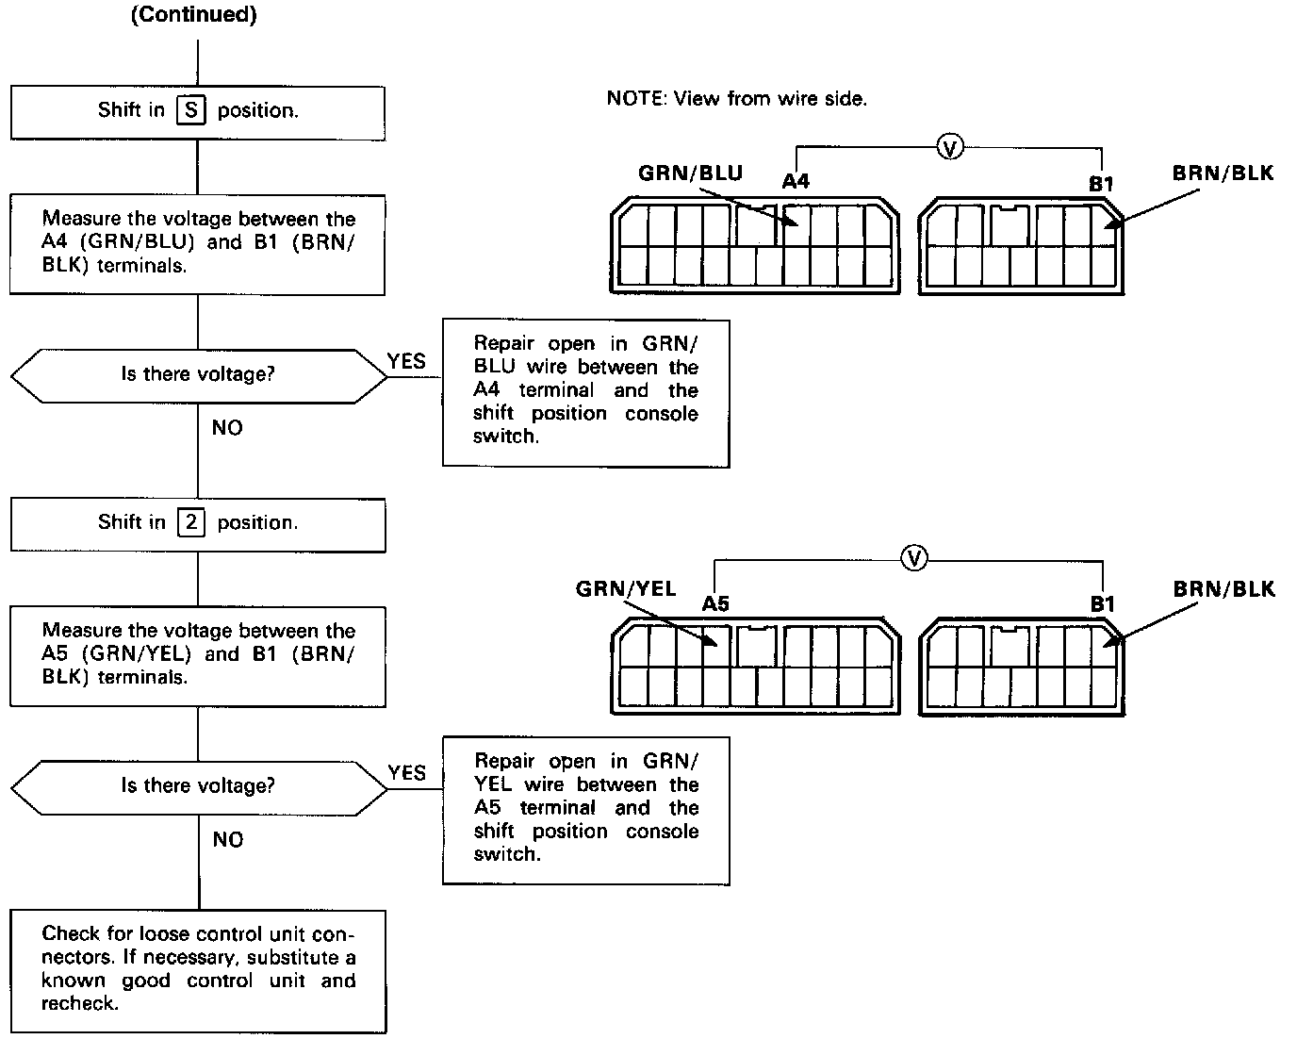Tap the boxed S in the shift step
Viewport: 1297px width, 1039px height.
pos(190,110)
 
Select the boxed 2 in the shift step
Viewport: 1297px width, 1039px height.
pos(190,522)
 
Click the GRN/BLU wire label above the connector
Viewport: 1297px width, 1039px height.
pos(690,173)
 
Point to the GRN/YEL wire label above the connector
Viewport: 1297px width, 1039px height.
pos(626,589)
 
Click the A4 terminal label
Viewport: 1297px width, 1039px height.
pos(796,181)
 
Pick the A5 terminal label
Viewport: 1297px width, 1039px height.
pos(715,603)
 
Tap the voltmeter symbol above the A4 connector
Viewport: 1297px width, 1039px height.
pos(950,147)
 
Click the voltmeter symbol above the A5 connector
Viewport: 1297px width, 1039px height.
pos(913,559)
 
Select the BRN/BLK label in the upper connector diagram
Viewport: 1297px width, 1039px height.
pos(1223,173)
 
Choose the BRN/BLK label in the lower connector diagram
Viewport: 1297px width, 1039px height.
pos(1223,590)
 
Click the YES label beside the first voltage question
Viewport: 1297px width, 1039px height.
pos(406,361)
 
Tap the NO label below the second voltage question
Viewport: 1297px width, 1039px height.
pos(227,839)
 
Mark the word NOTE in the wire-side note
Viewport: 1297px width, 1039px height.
pos(634,98)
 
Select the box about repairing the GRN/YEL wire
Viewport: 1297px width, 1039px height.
pos(585,808)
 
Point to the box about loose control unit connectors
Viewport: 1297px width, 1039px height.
pos(198,969)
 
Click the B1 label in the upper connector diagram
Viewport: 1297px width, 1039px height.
pos(1101,184)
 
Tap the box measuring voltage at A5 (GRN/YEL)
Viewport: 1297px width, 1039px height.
pos(198,654)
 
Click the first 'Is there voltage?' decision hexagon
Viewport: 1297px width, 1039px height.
pos(198,374)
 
